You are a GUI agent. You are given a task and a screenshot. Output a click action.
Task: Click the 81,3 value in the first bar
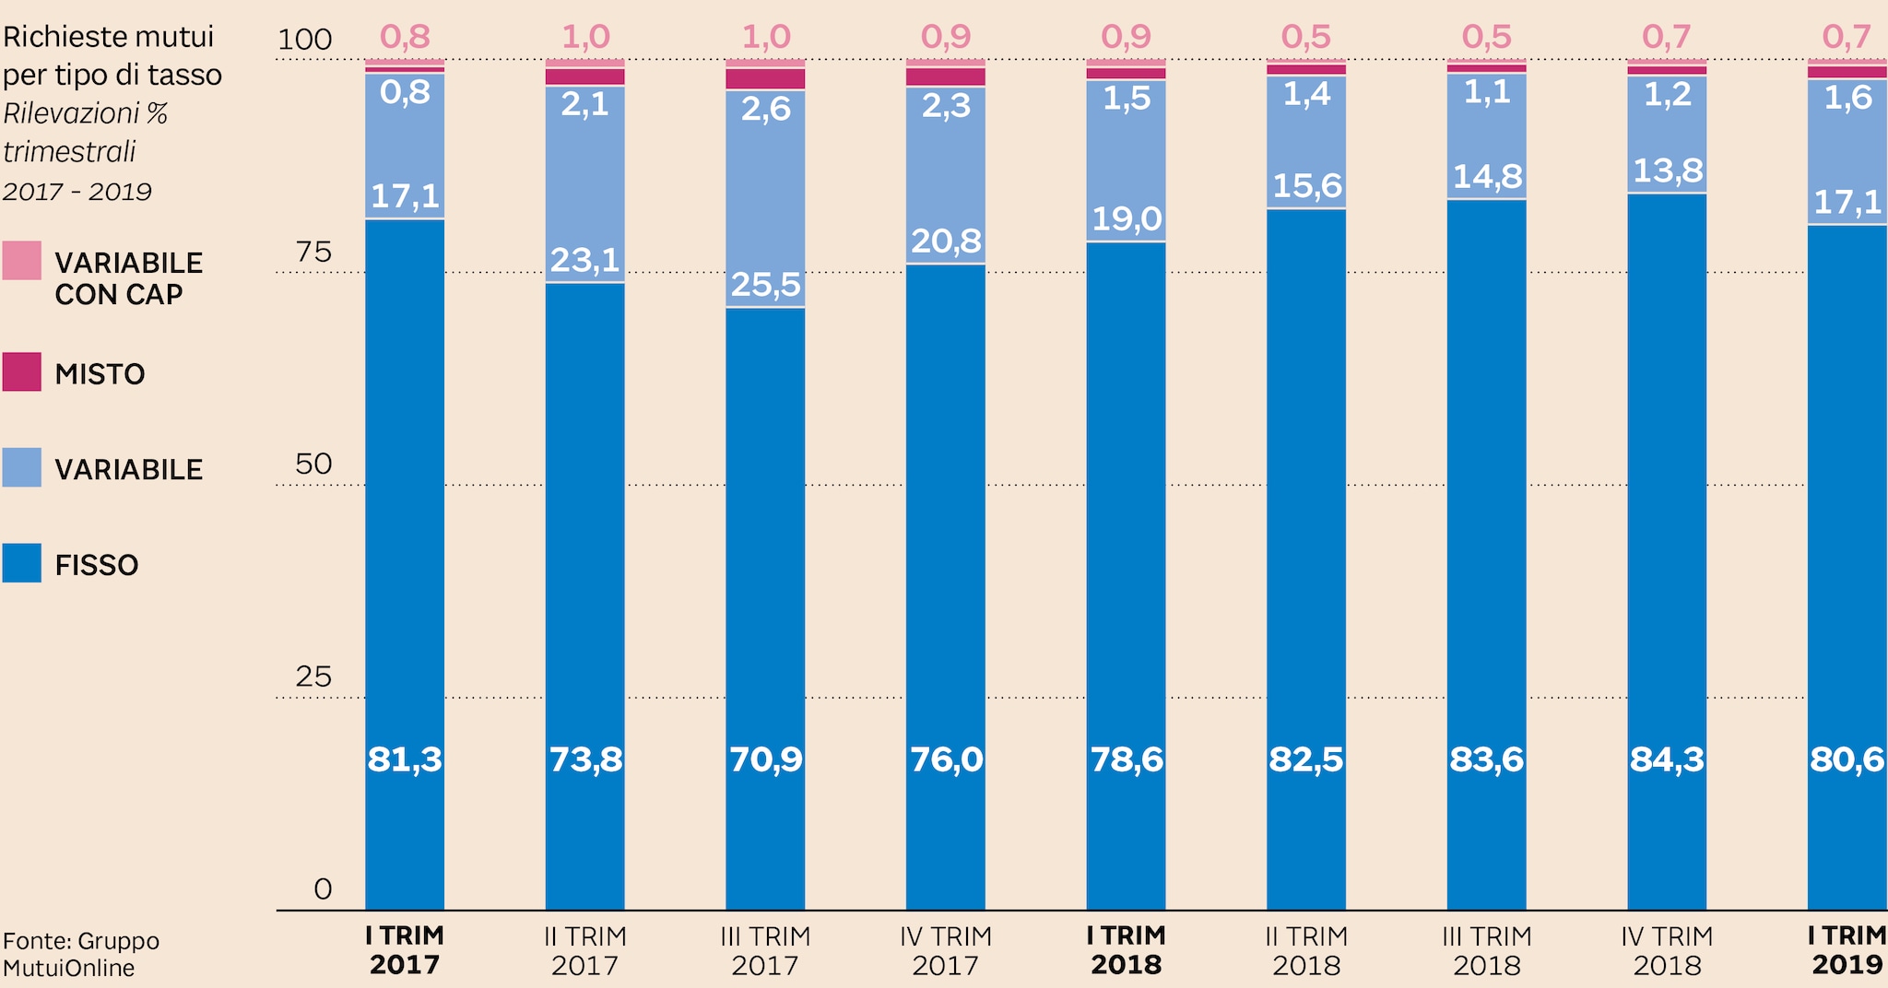click(405, 759)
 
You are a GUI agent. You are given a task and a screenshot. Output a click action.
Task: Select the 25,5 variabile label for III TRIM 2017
click(765, 285)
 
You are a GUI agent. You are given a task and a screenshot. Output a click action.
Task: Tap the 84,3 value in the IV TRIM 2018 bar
click(1666, 759)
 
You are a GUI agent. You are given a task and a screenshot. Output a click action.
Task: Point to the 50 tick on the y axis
click(313, 464)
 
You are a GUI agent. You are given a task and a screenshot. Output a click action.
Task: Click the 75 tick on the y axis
click(313, 252)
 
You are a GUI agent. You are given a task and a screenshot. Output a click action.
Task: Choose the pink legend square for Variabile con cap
click(21, 260)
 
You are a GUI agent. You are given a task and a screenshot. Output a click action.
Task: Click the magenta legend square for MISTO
click(21, 371)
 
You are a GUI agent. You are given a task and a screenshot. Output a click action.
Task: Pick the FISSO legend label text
click(97, 565)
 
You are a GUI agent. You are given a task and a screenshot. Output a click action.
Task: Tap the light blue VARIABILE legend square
click(21, 467)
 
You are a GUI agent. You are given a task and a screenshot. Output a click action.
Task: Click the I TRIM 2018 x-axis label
click(1126, 950)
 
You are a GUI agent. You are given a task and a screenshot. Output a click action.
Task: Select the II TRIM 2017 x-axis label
click(584, 950)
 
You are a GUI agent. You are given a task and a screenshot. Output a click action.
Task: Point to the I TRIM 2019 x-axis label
click(1847, 950)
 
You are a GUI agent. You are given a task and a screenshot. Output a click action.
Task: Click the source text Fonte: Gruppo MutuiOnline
click(81, 954)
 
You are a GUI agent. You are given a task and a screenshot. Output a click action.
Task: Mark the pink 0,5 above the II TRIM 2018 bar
click(1306, 37)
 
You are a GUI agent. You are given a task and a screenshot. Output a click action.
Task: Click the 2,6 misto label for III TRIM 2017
click(765, 110)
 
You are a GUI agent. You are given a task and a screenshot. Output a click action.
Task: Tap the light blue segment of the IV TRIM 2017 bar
click(945, 175)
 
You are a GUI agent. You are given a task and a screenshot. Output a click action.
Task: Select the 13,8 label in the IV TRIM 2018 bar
click(1666, 171)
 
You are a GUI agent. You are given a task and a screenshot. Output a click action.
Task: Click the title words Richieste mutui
click(108, 37)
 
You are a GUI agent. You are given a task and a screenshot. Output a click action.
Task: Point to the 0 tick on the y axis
click(323, 888)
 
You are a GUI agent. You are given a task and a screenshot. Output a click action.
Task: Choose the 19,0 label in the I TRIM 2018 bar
click(1126, 219)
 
